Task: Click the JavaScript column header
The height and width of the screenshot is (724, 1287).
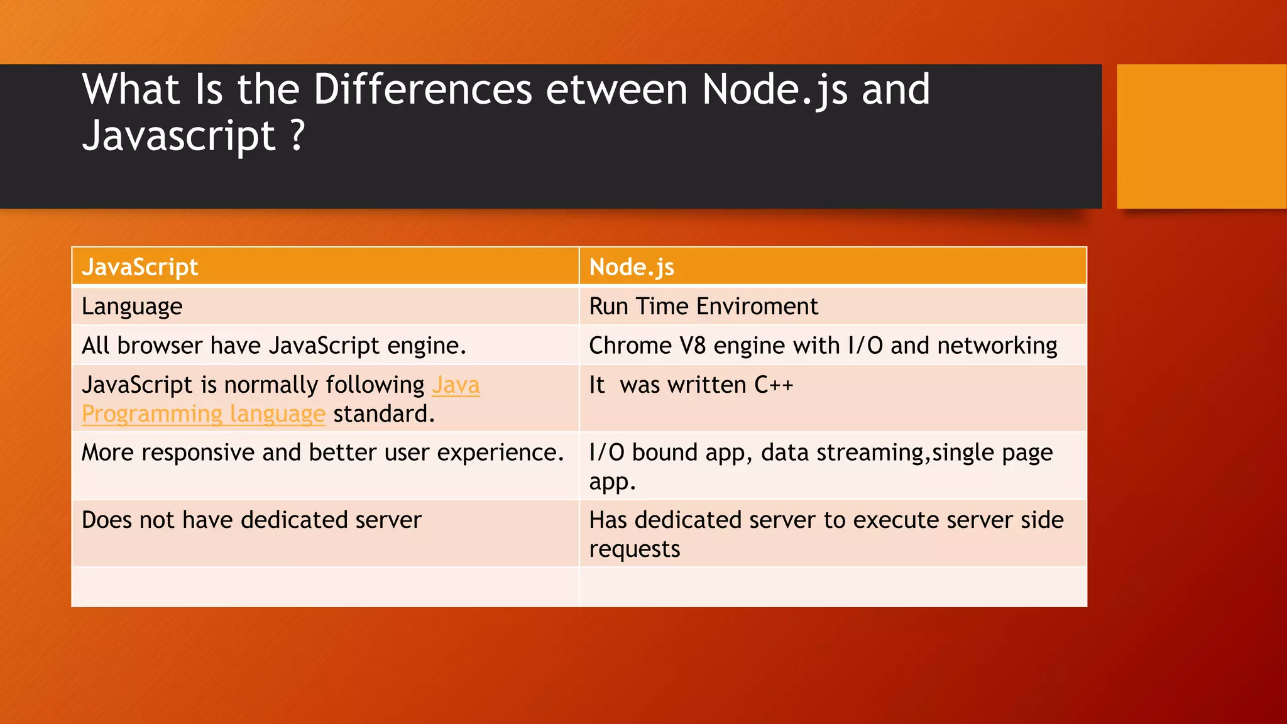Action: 140,267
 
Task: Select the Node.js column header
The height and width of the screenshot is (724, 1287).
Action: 631,267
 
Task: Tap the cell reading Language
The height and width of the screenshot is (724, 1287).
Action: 132,307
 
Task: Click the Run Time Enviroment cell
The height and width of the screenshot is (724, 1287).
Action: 703,307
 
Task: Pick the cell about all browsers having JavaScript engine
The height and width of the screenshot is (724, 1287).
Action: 274,346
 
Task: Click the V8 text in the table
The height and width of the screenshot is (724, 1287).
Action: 693,346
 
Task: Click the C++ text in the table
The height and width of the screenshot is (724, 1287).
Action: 774,385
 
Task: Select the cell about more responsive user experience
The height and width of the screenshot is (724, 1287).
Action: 323,452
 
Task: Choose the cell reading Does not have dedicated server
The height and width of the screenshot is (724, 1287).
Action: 251,520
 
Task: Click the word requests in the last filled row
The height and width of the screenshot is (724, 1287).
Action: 635,549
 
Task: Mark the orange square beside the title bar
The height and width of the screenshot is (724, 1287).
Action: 1201,136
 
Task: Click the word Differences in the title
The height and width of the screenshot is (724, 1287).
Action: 423,89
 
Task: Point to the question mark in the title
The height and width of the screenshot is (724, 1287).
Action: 298,136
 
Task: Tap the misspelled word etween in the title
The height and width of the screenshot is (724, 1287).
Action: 616,89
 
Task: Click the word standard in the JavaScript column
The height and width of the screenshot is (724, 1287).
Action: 383,414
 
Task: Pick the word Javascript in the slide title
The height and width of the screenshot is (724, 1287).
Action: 178,136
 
